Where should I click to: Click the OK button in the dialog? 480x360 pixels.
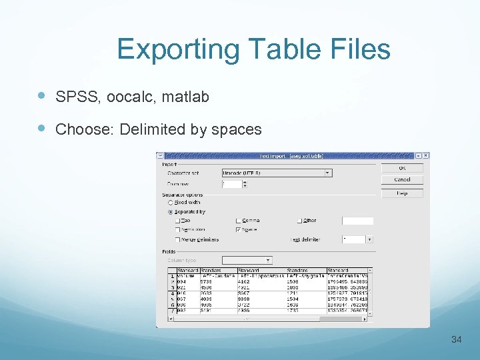click(402, 168)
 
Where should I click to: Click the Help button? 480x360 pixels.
click(402, 193)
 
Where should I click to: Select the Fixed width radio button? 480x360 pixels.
click(170, 203)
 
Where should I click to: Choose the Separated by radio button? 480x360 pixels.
click(170, 212)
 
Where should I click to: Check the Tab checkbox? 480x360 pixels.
click(177, 221)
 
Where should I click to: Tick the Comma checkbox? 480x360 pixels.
click(239, 221)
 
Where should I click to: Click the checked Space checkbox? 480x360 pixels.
click(239, 230)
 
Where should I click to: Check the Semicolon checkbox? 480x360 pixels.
click(177, 230)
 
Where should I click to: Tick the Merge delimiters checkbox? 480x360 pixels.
click(177, 239)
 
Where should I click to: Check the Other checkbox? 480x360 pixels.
click(299, 221)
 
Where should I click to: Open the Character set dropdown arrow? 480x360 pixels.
click(327, 173)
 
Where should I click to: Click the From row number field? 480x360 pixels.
click(230, 184)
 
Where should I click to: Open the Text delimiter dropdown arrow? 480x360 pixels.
click(369, 239)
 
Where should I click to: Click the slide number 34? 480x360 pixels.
click(456, 340)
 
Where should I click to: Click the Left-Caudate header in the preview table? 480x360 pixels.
click(215, 275)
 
